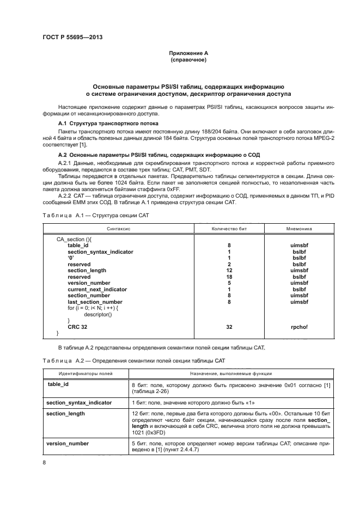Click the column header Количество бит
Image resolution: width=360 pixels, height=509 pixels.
(229, 230)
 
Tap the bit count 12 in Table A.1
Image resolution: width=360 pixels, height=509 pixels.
(229, 271)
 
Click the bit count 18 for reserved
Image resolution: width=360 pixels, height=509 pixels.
(229, 277)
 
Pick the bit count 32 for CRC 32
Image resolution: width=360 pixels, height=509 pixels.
(229, 327)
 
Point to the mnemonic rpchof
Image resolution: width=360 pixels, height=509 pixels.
(300, 327)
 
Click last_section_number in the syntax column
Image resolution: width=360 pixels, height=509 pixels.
(95, 302)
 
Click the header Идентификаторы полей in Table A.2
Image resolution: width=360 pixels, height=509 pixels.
(83, 373)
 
